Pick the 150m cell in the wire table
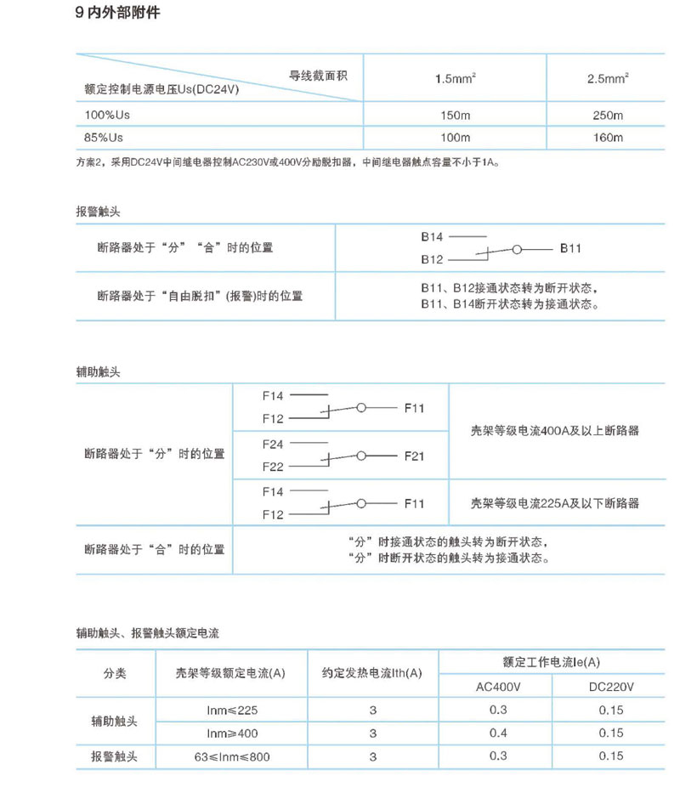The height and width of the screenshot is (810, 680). click(x=455, y=115)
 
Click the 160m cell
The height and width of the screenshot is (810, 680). click(x=607, y=138)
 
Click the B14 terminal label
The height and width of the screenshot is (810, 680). click(x=432, y=236)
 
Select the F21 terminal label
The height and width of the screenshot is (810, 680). click(x=413, y=456)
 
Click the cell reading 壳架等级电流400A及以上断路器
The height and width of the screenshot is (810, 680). click(x=554, y=431)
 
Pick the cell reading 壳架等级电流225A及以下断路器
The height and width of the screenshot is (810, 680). click(x=554, y=503)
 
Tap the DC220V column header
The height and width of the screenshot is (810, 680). click(x=610, y=686)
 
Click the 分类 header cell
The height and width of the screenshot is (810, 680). click(x=115, y=673)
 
